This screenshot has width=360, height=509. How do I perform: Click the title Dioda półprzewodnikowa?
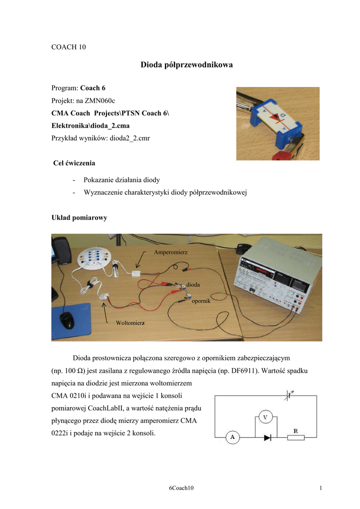pos(180,65)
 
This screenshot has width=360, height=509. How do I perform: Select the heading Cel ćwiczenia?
pos(74,163)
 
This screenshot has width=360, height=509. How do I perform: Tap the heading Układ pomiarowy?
pos(79,218)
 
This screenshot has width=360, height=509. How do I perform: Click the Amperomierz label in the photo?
pos(171,253)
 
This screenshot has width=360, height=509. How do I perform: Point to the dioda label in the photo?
pos(193,284)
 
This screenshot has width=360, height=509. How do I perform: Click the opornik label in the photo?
pos(201,301)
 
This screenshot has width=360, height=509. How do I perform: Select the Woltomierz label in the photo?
pos(130,324)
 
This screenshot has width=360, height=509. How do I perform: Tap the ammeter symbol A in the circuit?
pos(232,437)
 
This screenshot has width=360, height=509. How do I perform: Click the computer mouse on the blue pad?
pos(67,320)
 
